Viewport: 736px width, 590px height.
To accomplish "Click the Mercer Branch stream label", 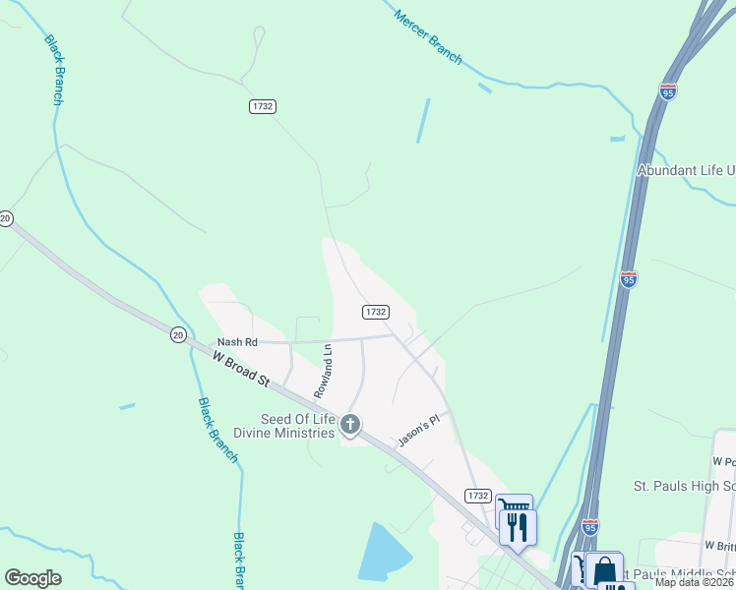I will pyautogui.click(x=428, y=38).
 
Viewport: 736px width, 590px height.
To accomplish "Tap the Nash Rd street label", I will pyautogui.click(x=237, y=342).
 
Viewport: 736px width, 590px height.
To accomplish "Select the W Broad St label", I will pyautogui.click(x=242, y=374).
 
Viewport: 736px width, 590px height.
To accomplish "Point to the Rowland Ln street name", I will pyautogui.click(x=323, y=370).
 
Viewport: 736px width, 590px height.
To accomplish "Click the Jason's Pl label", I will pyautogui.click(x=417, y=432).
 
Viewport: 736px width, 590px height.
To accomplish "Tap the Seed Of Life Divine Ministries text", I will pyautogui.click(x=283, y=426).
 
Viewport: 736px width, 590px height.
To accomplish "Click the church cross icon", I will pyautogui.click(x=349, y=425).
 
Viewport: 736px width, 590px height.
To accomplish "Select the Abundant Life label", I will pyautogui.click(x=686, y=170).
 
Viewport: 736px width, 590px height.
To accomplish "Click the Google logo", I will pyautogui.click(x=32, y=578).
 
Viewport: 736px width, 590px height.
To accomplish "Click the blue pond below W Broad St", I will pyautogui.click(x=380, y=553).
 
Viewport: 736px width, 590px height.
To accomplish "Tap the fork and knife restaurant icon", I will pyautogui.click(x=518, y=528).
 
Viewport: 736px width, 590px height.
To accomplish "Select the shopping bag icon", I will pyautogui.click(x=605, y=570).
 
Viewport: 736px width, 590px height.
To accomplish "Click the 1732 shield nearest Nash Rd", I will pyautogui.click(x=375, y=312).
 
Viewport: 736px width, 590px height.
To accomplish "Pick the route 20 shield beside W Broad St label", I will pyautogui.click(x=177, y=334).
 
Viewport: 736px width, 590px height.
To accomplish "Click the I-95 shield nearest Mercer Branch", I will pyautogui.click(x=668, y=92).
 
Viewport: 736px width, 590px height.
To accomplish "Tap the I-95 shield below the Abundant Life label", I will pyautogui.click(x=629, y=278).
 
